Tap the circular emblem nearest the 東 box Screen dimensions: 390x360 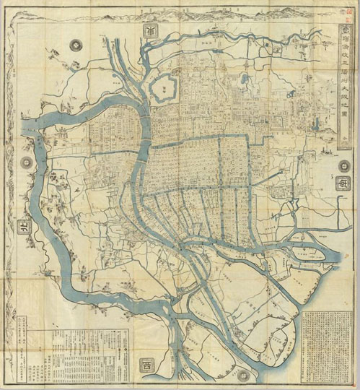coord(343,165)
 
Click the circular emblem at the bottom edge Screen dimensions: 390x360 coord(242,376)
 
